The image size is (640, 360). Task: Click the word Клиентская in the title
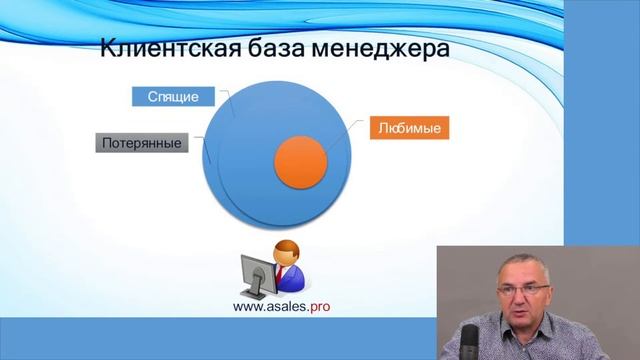[159, 50]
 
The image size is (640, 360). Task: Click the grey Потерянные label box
[142, 143]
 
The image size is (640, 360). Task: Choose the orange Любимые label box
[410, 128]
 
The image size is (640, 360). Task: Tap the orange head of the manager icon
[287, 251]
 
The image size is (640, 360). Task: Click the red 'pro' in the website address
[316, 307]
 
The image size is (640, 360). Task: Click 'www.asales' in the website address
[267, 307]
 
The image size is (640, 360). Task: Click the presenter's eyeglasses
[520, 292]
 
